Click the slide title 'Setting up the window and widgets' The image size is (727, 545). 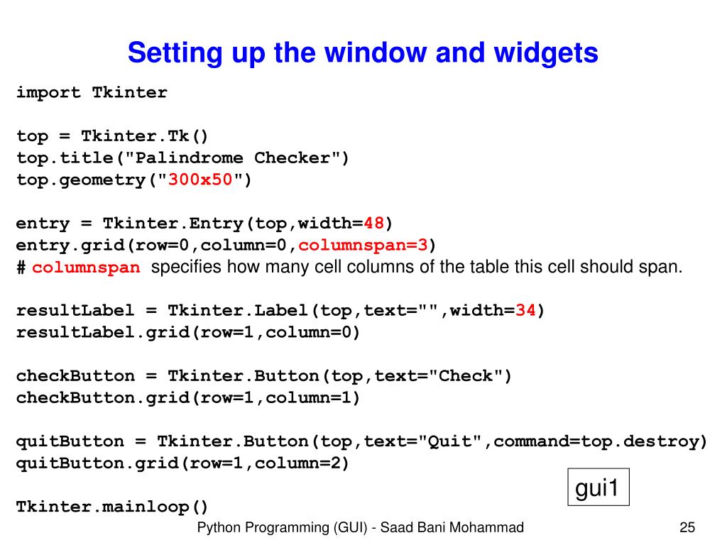pos(363,53)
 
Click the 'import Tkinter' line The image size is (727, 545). pos(92,93)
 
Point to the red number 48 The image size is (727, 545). pos(374,224)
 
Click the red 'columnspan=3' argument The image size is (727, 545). pos(363,246)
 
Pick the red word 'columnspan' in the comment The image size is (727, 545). pos(87,268)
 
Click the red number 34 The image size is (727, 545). pos(525,311)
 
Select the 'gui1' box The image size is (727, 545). pos(598,488)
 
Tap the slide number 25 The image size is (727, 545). pos(687,527)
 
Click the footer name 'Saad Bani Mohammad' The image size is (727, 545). pos(452,527)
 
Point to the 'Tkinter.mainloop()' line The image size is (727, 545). pos(113,507)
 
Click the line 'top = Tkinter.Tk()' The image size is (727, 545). pos(113,136)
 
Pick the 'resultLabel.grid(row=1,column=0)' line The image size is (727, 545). pos(189,333)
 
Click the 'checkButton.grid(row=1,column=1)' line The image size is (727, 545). pos(189,398)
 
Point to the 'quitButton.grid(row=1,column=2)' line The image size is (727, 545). pos(183,463)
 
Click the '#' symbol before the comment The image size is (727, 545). pos(21,268)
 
